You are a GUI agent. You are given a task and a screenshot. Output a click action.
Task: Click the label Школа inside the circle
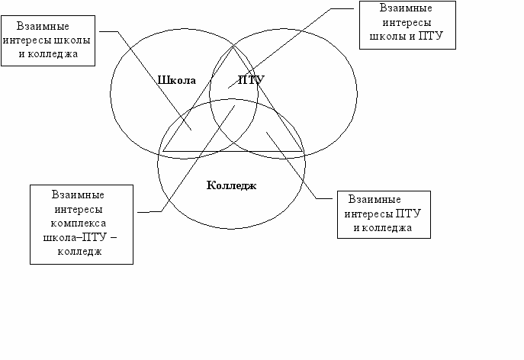point(177,80)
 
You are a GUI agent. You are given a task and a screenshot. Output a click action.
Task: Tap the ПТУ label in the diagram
point(251,80)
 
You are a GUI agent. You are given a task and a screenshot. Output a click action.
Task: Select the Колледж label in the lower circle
point(231,185)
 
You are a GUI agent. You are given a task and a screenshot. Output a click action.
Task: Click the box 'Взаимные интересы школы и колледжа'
point(49,40)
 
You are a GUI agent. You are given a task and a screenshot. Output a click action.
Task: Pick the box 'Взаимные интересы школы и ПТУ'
point(407,24)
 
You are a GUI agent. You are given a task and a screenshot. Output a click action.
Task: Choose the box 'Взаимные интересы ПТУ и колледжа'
point(384,214)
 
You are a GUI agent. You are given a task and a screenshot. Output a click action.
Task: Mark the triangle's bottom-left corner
point(162,151)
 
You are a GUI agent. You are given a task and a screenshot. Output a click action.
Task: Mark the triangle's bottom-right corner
point(303,151)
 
